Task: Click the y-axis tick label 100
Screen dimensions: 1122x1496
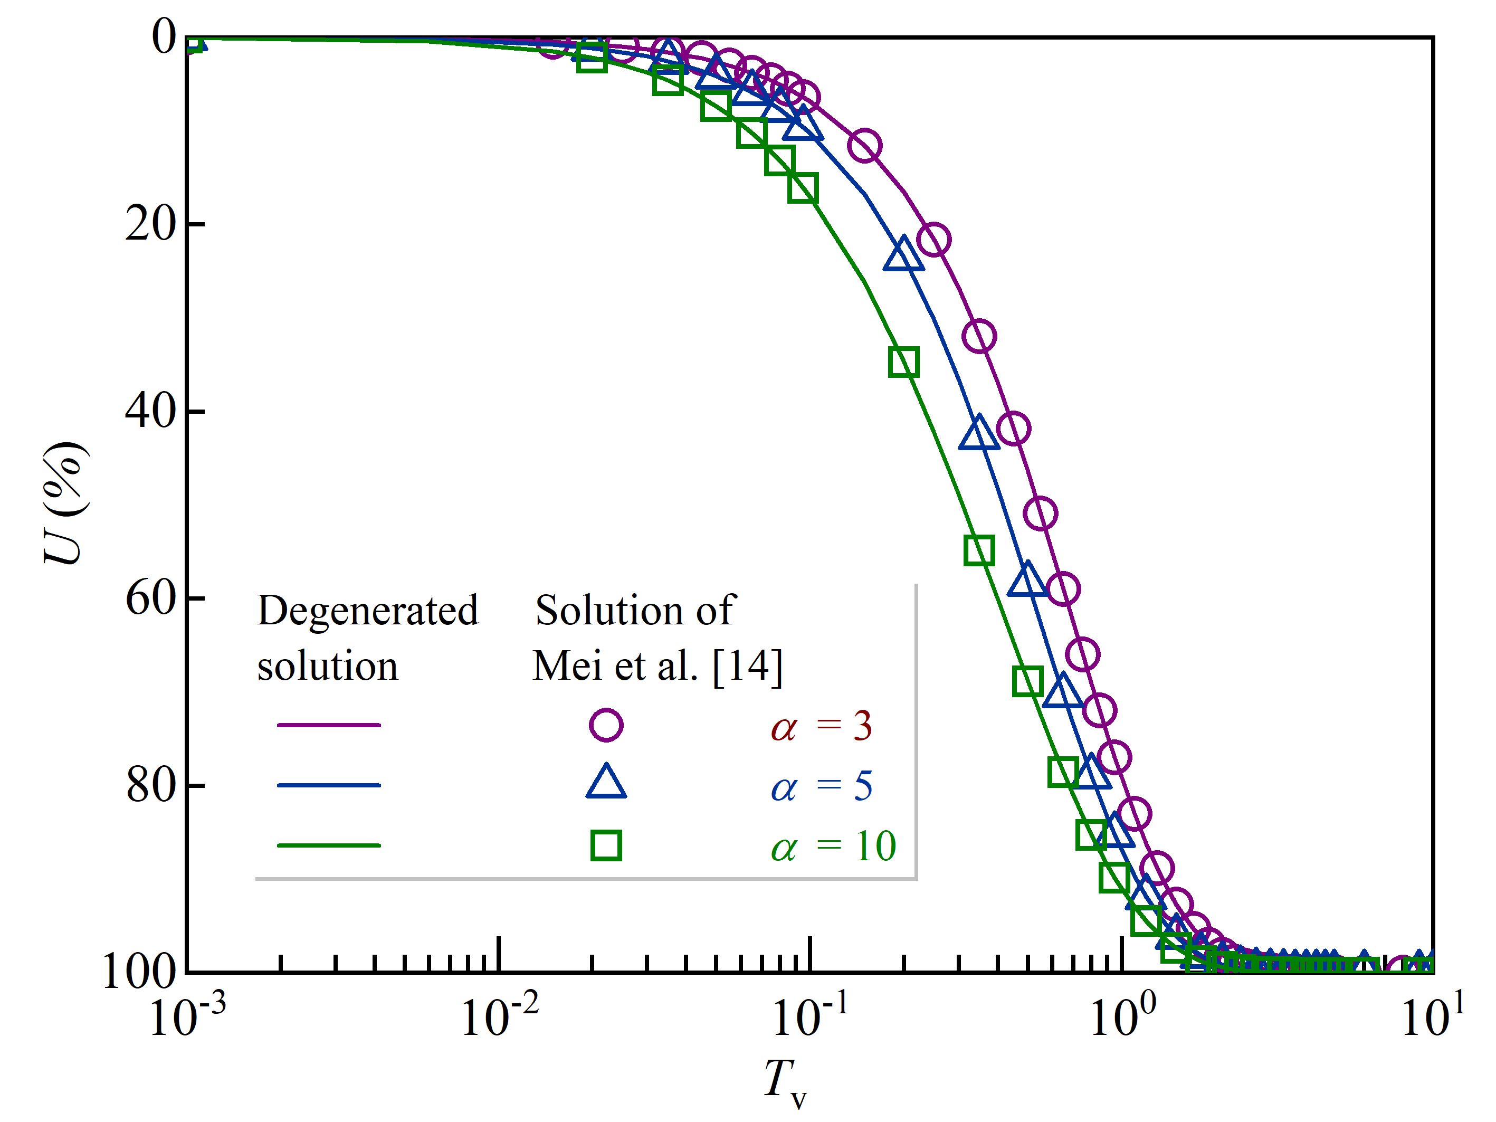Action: click(x=139, y=972)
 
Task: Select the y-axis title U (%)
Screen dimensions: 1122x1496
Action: click(x=64, y=504)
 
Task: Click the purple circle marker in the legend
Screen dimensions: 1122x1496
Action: click(x=606, y=725)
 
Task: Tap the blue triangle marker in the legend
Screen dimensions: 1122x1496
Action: click(x=606, y=783)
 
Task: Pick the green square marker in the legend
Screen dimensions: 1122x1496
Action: click(x=606, y=845)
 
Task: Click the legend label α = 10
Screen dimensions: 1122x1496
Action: click(x=833, y=846)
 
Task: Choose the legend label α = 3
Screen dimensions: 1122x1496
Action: click(x=821, y=726)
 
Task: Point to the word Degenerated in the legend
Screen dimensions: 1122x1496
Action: click(x=368, y=611)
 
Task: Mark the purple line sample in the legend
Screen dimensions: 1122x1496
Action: click(x=329, y=725)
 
